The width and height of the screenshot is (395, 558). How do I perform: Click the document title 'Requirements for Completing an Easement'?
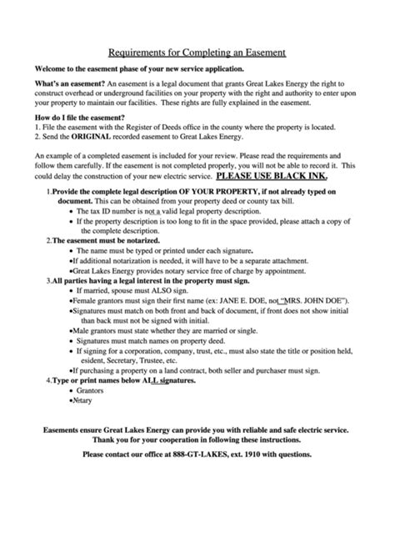click(197, 52)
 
